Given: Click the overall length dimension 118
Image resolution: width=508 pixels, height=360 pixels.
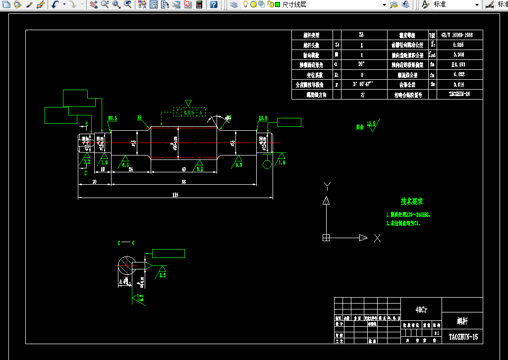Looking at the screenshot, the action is point(175,195).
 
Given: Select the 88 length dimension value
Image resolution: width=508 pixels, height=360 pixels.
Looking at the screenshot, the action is point(183,182).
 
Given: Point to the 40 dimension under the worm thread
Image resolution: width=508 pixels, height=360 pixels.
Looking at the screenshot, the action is point(184,169).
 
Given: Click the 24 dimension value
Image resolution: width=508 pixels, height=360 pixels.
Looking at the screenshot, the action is point(131,169).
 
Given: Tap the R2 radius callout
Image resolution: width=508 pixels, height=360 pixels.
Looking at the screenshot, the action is point(139,118).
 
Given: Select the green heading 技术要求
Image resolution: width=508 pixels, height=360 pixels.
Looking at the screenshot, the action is point(411,202).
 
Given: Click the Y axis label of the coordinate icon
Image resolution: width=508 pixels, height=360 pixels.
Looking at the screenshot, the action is point(327,186).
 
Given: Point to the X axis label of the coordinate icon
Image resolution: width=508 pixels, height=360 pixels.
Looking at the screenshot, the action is point(377,238).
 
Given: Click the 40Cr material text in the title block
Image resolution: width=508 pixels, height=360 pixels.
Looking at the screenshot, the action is point(421,309).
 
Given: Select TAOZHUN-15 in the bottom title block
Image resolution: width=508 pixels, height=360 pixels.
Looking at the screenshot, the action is point(463,337).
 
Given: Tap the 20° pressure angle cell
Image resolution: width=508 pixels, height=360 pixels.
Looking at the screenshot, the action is point(361,64).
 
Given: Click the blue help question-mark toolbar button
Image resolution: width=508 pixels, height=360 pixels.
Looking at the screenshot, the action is point(213,4).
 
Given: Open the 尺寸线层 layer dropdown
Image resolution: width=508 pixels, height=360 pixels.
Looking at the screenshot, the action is point(384,4).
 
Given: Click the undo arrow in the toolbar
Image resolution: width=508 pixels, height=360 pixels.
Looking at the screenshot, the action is point(55,4).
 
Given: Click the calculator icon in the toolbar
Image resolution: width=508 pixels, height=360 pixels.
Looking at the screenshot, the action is point(199,4).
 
